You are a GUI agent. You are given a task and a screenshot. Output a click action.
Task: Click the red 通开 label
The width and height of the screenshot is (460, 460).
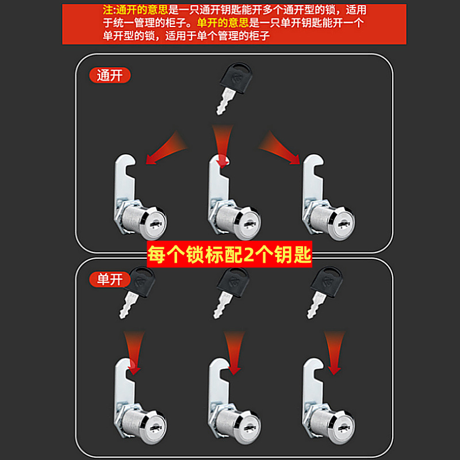(109, 75)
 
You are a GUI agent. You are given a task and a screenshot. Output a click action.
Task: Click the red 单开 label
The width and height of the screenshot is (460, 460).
(109, 280)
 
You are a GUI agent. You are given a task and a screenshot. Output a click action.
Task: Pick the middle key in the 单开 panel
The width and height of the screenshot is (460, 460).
(230, 293)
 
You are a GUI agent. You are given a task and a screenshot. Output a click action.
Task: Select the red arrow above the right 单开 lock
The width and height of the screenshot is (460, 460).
(333, 351)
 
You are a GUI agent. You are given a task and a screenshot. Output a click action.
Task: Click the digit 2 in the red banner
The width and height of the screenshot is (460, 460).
(249, 255)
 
